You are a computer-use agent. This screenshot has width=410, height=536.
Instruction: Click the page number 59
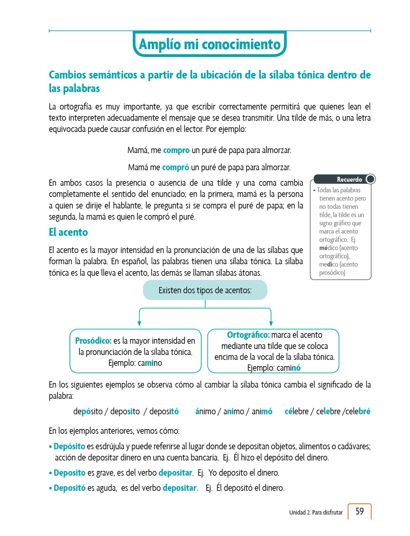coord(359,511)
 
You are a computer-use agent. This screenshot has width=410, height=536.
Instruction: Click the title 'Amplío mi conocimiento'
coord(210,44)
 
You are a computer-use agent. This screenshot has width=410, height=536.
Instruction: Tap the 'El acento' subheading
coord(68,232)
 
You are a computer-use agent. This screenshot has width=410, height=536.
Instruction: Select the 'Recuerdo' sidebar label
coord(349,179)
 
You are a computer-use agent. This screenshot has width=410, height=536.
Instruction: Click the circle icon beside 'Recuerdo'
coord(370,179)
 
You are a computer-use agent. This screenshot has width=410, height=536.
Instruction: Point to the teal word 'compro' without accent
coord(176,150)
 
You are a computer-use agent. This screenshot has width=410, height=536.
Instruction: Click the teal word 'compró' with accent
coord(175,167)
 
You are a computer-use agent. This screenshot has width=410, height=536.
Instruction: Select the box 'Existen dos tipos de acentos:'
coord(205,290)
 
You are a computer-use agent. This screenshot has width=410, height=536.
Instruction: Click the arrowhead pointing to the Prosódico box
coord(139,323)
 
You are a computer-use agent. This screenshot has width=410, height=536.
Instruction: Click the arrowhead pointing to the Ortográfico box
coord(271,323)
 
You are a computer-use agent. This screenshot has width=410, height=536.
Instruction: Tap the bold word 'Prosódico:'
coord(93,340)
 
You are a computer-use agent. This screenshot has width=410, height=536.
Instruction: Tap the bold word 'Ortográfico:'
coord(248,335)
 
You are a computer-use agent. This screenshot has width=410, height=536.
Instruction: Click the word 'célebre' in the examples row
coord(296,411)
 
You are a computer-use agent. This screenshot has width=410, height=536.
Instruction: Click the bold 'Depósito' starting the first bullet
coord(69,446)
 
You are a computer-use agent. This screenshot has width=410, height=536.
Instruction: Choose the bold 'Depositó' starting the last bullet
coord(69,488)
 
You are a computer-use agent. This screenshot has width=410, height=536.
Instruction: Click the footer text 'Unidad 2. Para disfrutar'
coord(316,512)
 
